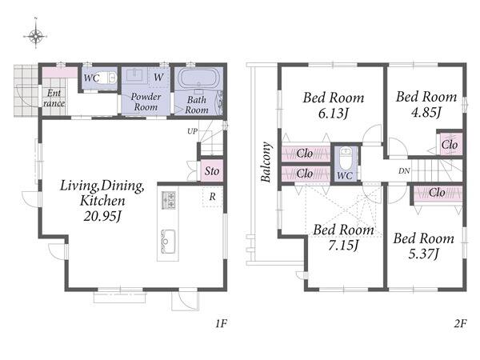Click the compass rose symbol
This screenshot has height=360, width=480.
[x=36, y=36]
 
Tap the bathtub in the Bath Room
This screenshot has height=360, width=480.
[x=198, y=78]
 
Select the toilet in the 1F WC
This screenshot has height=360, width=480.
[x=110, y=78]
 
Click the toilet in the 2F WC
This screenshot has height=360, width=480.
[x=346, y=159]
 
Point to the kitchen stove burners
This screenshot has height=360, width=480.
[x=168, y=200]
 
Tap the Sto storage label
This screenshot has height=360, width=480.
[x=212, y=171]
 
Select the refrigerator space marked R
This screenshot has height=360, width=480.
[x=212, y=197]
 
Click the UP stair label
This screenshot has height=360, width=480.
[x=192, y=131]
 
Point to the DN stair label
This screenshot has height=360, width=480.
[x=404, y=171]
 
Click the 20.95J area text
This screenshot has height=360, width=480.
[x=102, y=217]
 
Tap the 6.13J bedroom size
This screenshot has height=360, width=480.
[x=333, y=114]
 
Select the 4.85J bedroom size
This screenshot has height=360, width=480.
[x=426, y=112]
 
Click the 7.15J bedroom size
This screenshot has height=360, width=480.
[x=343, y=245]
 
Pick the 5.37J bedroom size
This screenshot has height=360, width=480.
[x=424, y=254]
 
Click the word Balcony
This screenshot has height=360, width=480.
[x=266, y=162]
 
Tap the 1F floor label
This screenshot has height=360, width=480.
[x=221, y=323]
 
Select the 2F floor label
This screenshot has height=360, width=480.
[x=460, y=323]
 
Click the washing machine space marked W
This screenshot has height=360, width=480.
[x=158, y=77]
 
